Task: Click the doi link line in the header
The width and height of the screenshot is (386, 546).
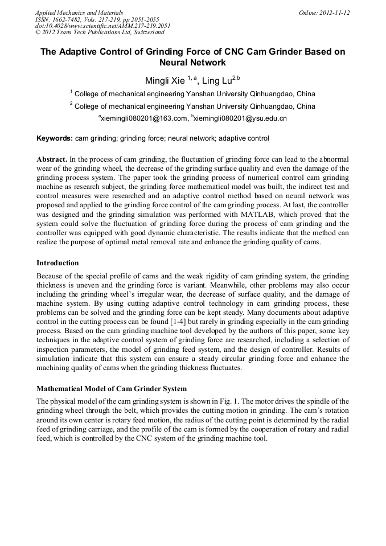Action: [x=102, y=26]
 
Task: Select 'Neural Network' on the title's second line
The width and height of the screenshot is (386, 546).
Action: [x=192, y=63]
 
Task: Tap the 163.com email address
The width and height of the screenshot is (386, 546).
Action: [x=145, y=118]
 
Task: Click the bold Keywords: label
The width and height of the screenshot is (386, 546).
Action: [x=55, y=138]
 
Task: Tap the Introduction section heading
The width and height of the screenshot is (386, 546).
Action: [x=58, y=263]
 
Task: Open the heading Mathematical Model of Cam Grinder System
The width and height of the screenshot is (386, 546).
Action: [x=112, y=389]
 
